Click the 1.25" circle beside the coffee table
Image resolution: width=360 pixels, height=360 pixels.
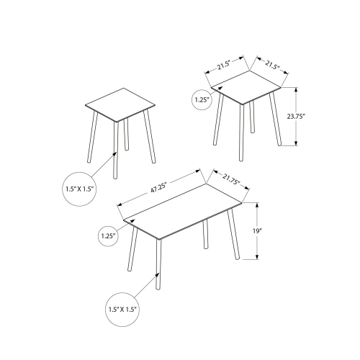tap(108, 235)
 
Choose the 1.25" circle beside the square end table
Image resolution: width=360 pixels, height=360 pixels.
tap(203, 99)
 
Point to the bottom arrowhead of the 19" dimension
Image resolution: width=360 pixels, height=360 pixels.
tap(257, 256)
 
